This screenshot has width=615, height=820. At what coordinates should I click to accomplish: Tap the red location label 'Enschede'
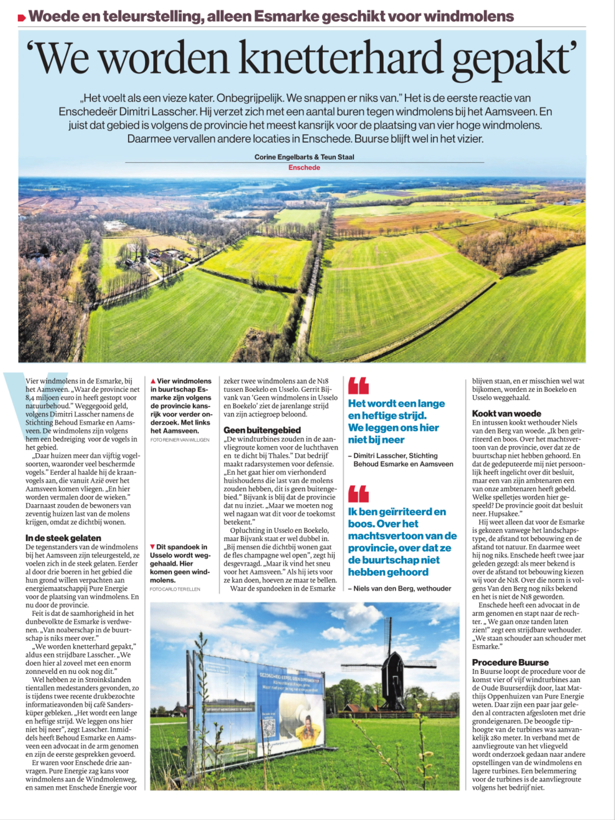304,167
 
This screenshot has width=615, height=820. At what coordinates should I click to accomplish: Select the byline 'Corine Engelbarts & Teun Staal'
304,157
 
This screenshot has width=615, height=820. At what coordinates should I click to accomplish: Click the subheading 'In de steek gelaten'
63,538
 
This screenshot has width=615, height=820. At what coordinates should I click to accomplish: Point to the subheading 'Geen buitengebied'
262,430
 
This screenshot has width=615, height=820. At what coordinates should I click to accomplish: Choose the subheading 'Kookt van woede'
506,413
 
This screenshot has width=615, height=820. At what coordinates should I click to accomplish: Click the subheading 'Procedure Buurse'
510,662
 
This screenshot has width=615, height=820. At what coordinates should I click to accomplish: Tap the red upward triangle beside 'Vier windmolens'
153,381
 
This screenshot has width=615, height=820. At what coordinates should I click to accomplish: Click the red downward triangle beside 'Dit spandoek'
153,547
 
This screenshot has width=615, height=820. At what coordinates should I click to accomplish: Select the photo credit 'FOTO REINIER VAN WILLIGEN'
180,440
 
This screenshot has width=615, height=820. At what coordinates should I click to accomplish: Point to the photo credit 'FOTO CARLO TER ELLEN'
175,589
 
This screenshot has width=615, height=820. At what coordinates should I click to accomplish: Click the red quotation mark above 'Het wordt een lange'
359,386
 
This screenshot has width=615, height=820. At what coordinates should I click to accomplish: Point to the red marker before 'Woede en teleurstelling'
22,18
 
